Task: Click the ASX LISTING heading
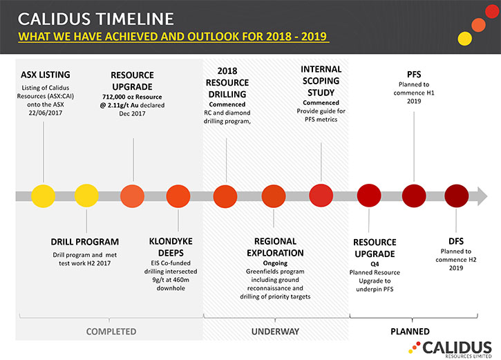(x=46, y=75)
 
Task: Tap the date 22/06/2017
(x=46, y=113)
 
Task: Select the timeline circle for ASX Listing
(x=43, y=196)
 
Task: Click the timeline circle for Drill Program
(x=86, y=196)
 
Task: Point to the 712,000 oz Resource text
(x=132, y=97)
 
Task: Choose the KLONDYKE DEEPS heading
(x=171, y=247)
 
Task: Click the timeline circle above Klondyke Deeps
(x=178, y=196)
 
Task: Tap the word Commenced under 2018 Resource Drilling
(x=227, y=104)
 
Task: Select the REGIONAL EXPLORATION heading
(x=275, y=247)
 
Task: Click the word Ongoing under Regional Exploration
(x=275, y=263)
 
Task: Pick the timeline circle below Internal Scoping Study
(x=321, y=196)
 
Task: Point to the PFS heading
(x=414, y=75)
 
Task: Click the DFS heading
(x=456, y=241)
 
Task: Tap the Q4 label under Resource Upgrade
(x=375, y=264)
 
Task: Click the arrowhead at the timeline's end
(x=482, y=196)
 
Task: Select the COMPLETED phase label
(x=111, y=332)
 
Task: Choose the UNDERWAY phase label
(x=275, y=332)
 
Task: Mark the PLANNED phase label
(x=410, y=332)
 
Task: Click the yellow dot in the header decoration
(x=464, y=39)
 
